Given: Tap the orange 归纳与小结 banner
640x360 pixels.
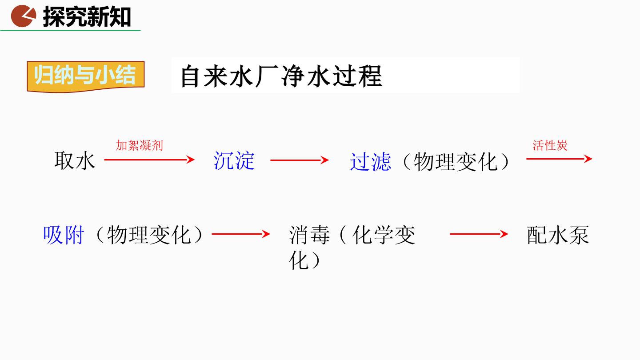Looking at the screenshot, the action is pyautogui.click(x=86, y=76).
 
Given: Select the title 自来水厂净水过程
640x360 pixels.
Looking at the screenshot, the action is pyautogui.click(x=281, y=76).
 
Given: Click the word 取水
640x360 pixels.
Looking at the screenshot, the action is pyautogui.click(x=75, y=161).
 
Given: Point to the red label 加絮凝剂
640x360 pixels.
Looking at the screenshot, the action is pyautogui.click(x=140, y=145).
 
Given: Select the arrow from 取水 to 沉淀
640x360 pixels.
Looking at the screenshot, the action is pyautogui.click(x=149, y=160).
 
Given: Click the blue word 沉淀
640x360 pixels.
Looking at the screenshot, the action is pyautogui.click(x=234, y=160).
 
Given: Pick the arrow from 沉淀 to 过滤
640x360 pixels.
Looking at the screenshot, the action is pyautogui.click(x=300, y=160).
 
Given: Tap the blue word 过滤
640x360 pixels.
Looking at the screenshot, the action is pyautogui.click(x=371, y=162).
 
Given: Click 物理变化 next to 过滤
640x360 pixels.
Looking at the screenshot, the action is pyautogui.click(x=456, y=162).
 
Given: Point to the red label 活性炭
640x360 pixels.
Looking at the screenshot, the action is pyautogui.click(x=550, y=145).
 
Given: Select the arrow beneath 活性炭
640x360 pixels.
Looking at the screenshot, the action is pyautogui.click(x=559, y=159).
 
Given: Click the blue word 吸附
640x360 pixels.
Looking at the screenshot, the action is pyautogui.click(x=64, y=235).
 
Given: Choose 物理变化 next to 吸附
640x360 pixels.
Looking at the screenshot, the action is pyautogui.click(x=149, y=235).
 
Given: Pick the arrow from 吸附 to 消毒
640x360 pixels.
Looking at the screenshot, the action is pyautogui.click(x=241, y=234).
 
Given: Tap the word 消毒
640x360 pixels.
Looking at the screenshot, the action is pyautogui.click(x=309, y=235).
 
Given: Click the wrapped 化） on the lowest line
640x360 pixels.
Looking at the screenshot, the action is pyautogui.click(x=304, y=260).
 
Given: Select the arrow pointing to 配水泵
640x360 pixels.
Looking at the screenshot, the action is pyautogui.click(x=479, y=234).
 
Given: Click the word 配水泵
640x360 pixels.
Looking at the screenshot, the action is pyautogui.click(x=558, y=235).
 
